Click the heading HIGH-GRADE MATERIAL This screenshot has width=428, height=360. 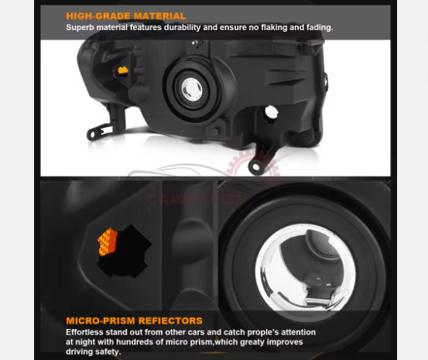pyautogui.click(x=126, y=16)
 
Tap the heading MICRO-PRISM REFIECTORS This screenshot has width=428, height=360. pyautogui.click(x=135, y=321)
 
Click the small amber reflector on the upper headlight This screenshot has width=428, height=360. pyautogui.click(x=123, y=70)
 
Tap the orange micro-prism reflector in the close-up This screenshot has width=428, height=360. pyautogui.click(x=108, y=242)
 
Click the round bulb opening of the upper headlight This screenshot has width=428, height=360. pyautogui.click(x=192, y=90)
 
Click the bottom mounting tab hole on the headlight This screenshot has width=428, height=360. pyautogui.click(x=256, y=166)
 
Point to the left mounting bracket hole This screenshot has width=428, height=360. pyautogui.click(x=92, y=135)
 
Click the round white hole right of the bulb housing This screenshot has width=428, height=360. pyautogui.click(x=272, y=112)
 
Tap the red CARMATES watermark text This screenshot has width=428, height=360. pyautogui.click(x=193, y=199)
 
